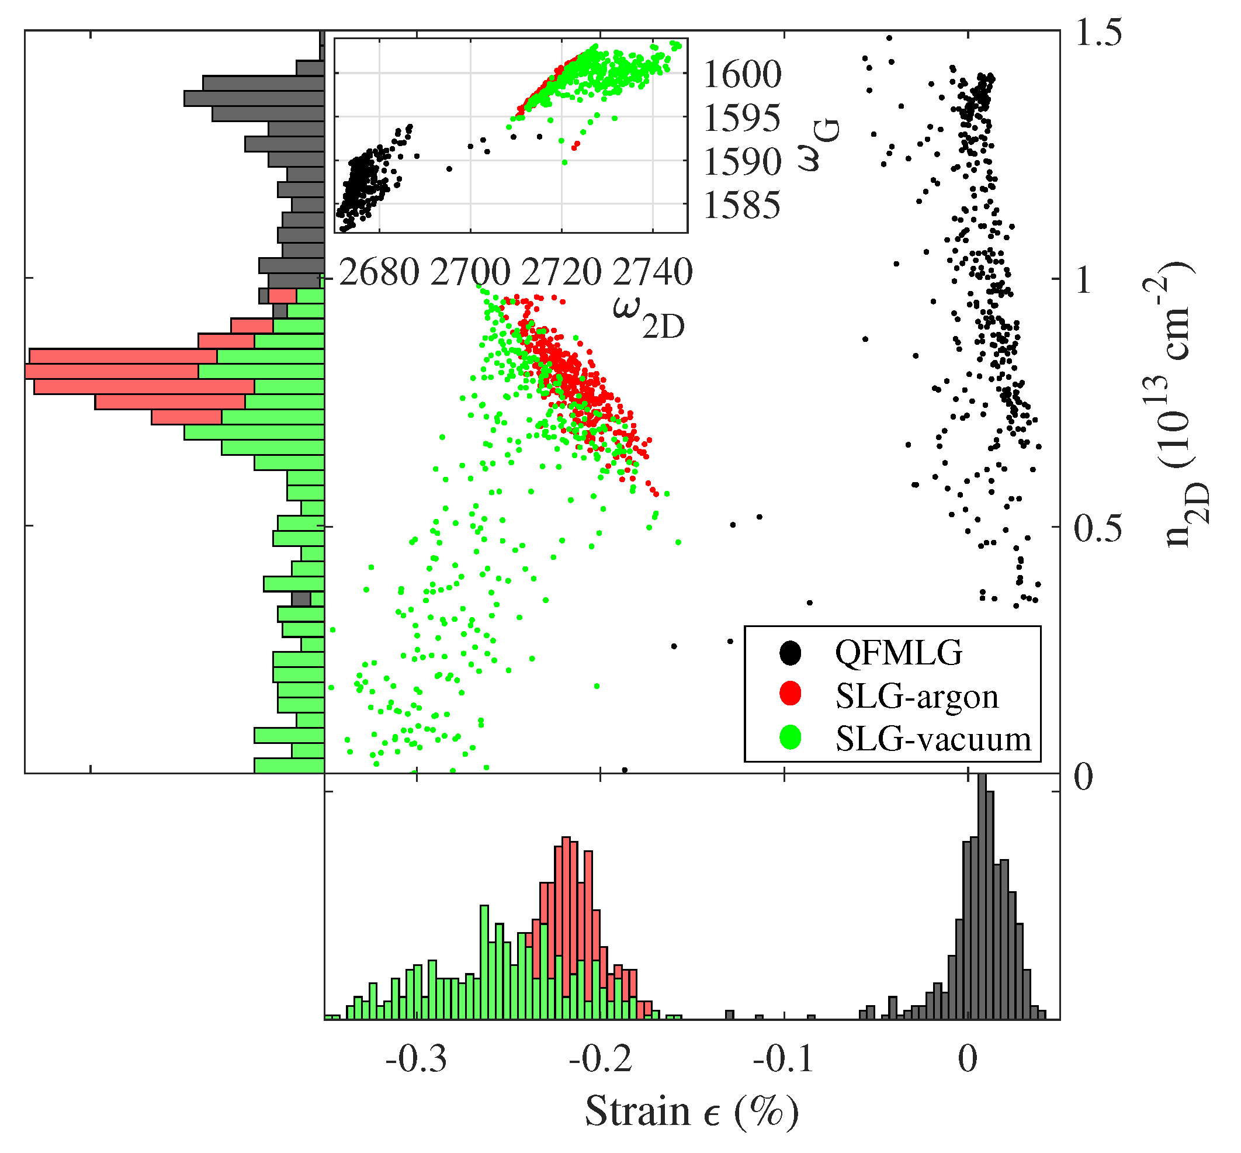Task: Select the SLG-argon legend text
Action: pos(917,695)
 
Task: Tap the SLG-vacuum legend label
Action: pos(933,739)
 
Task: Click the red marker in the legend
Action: pos(790,694)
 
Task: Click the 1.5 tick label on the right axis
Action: pos(1097,33)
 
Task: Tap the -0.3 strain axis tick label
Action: pos(416,1059)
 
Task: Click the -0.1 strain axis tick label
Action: pos(784,1059)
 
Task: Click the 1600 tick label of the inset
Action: pos(741,74)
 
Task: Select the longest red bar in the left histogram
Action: pos(112,371)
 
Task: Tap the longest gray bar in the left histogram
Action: pos(254,99)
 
